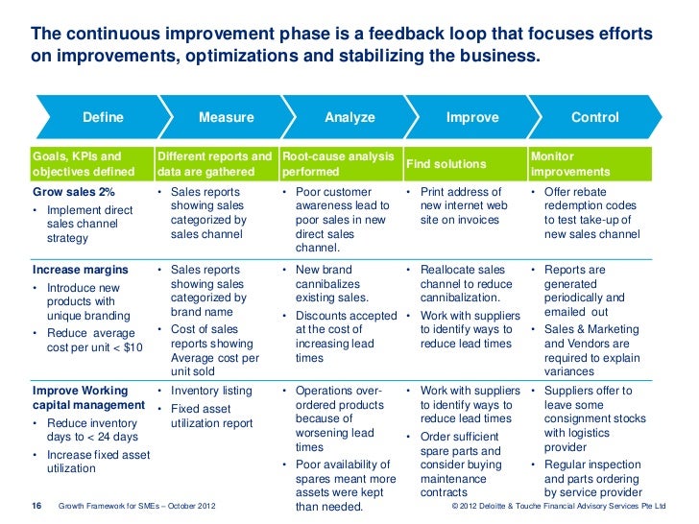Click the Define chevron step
click(x=103, y=118)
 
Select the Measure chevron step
click(x=226, y=118)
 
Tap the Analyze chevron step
click(x=349, y=118)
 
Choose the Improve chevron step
click(x=472, y=118)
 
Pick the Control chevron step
click(x=594, y=118)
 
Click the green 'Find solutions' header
click(x=446, y=164)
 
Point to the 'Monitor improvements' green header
click(x=569, y=164)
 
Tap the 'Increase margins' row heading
click(x=80, y=271)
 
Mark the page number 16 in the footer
click(x=37, y=505)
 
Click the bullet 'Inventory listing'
click(x=211, y=392)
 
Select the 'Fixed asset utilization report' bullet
click(x=211, y=416)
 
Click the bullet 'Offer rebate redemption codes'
click(x=591, y=213)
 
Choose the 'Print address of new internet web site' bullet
click(x=463, y=206)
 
